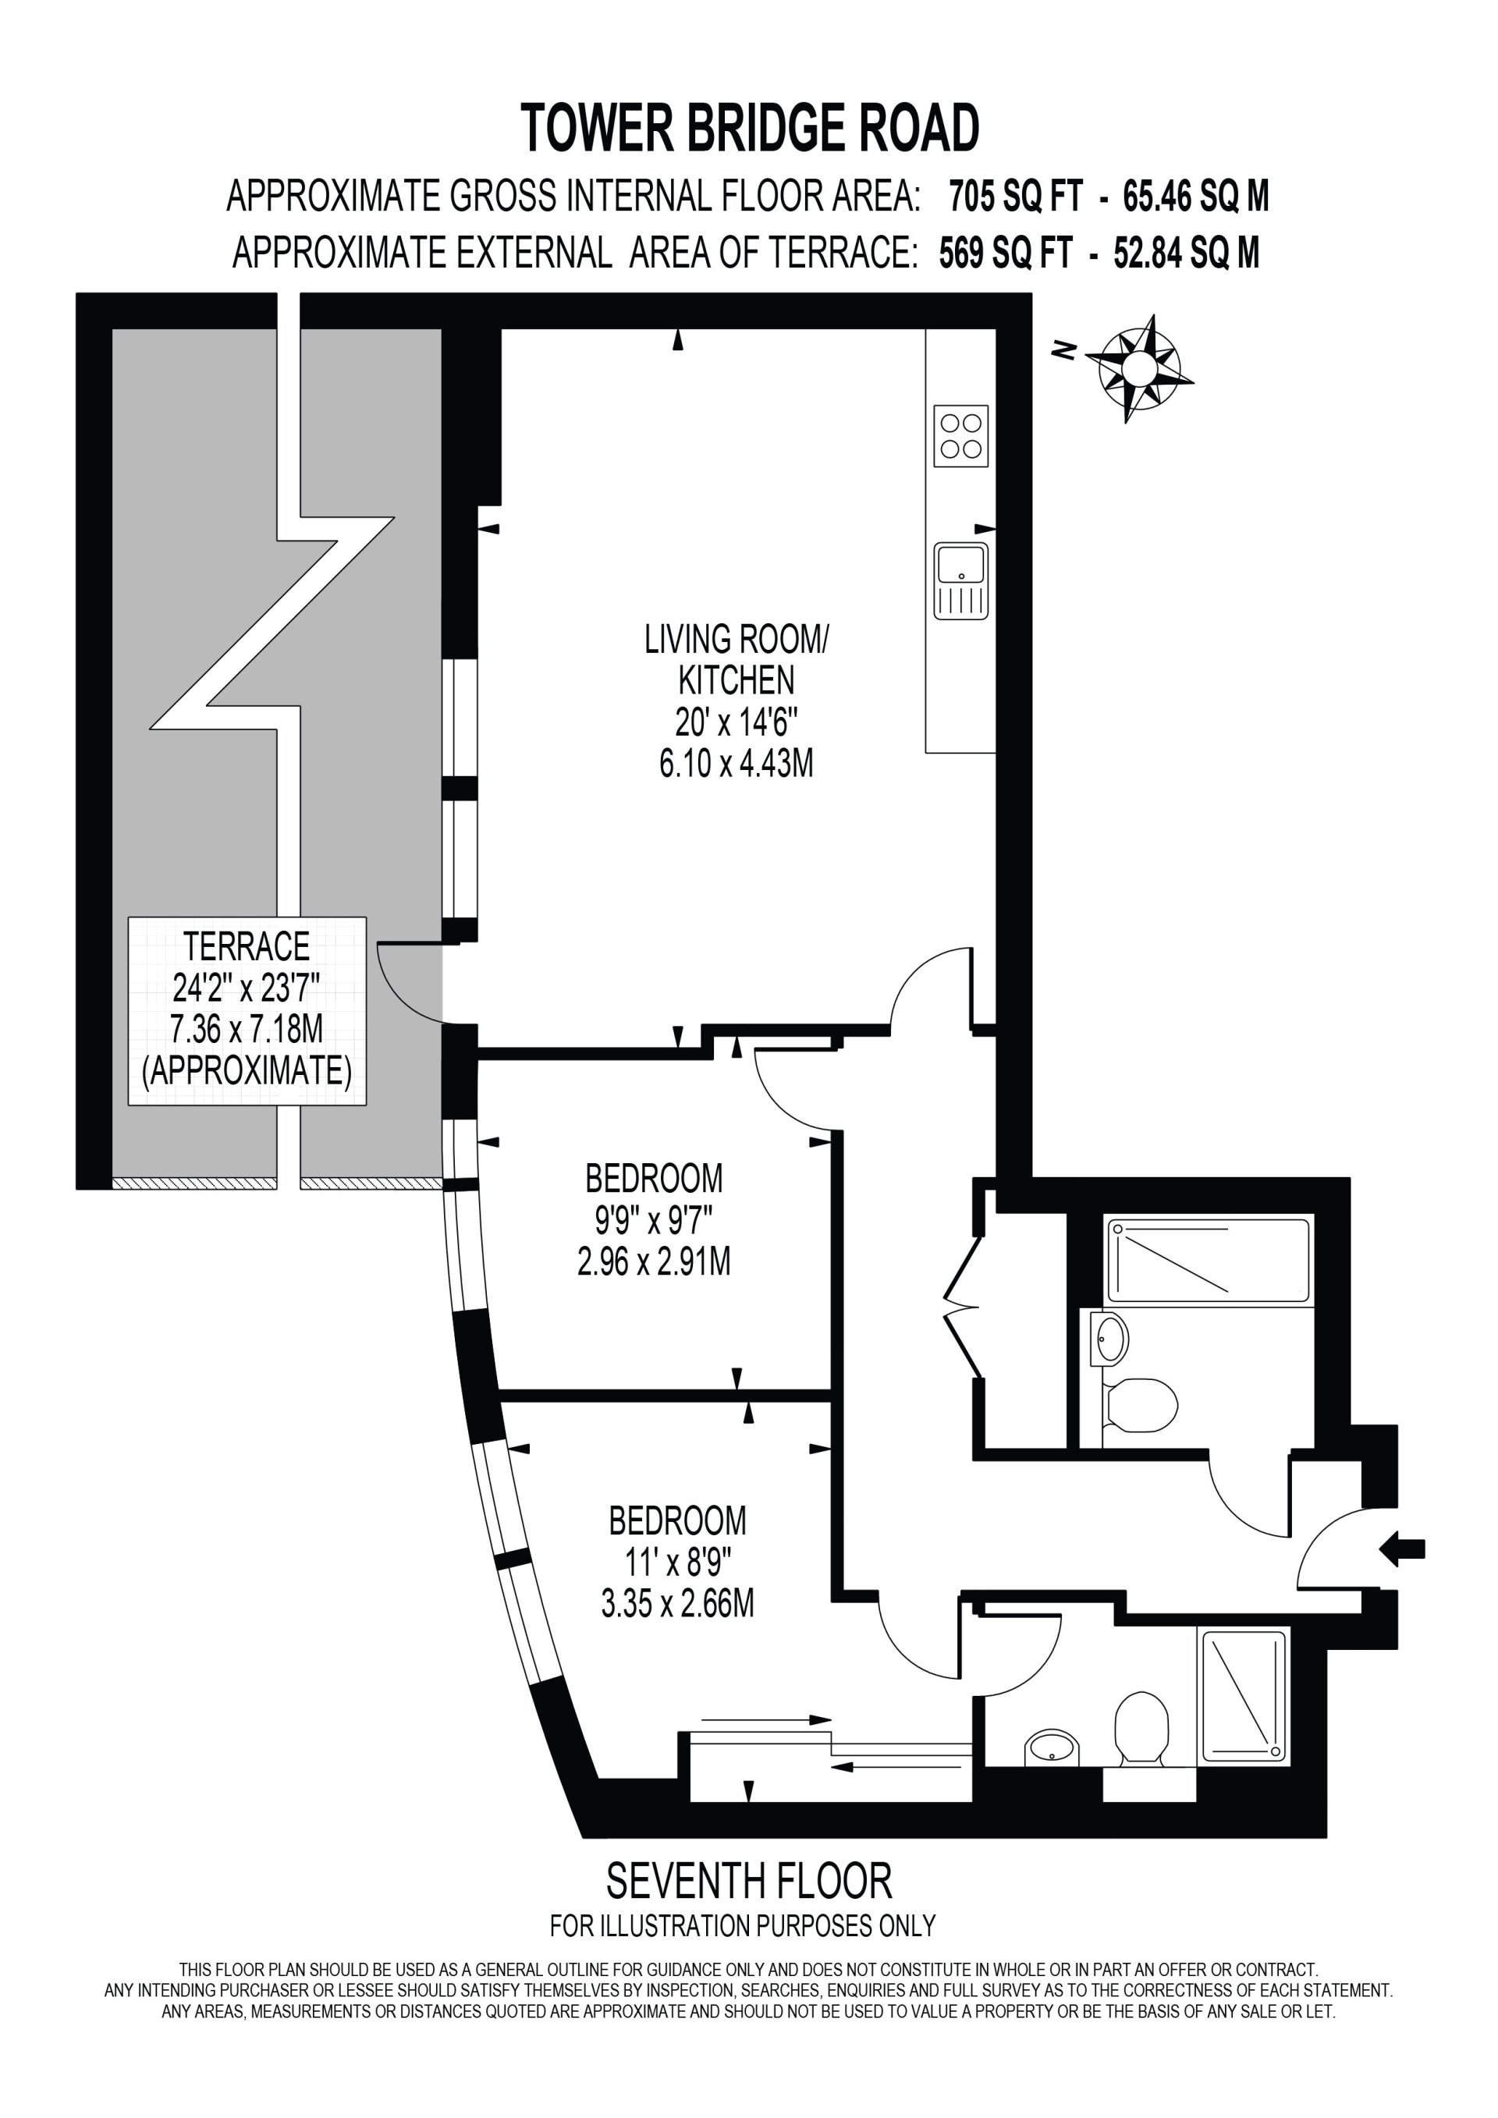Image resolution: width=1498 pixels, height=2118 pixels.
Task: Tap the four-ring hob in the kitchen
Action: point(961,435)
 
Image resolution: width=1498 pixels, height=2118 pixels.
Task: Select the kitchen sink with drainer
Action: point(961,580)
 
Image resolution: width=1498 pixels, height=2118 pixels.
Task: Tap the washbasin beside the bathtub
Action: point(1109,1339)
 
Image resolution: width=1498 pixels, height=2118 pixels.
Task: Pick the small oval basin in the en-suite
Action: point(1053,1746)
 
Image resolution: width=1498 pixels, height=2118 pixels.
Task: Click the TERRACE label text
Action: point(247,946)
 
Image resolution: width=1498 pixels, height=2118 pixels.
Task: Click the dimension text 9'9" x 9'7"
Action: point(654,1222)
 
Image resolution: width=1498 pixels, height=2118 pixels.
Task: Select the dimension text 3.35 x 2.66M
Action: point(678,1603)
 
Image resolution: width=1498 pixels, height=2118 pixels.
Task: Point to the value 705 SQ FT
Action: point(1014,197)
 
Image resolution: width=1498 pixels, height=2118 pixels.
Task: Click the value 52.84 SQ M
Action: point(1186,253)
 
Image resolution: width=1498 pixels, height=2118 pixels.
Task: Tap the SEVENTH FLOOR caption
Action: point(749,1882)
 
